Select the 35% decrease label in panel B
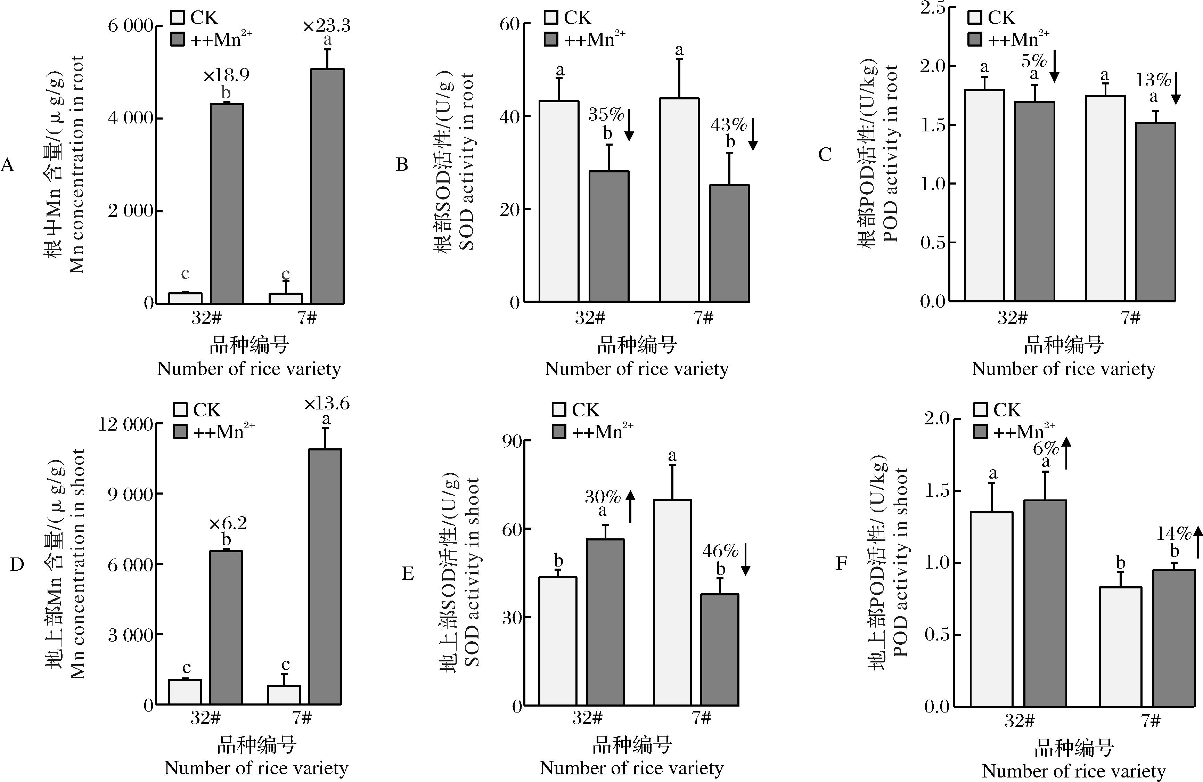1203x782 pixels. pos(606,115)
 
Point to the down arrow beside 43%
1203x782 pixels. pos(753,134)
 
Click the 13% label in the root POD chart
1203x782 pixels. pos(1153,80)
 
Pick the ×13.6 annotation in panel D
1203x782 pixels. pos(327,404)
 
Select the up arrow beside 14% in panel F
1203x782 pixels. pos(1197,541)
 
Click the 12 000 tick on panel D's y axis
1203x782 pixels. pos(125,424)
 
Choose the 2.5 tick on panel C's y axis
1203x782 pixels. pos(933,8)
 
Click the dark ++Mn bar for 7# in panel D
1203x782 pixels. pos(326,576)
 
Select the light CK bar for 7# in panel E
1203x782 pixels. pos(672,602)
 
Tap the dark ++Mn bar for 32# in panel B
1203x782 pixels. pos(609,236)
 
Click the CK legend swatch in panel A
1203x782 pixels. pos(178,18)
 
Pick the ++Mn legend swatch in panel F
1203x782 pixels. pos(981,432)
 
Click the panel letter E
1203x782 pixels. pos(407,573)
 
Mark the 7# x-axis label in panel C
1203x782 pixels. pos(1130,317)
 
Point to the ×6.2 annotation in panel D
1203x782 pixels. pos(228,523)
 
